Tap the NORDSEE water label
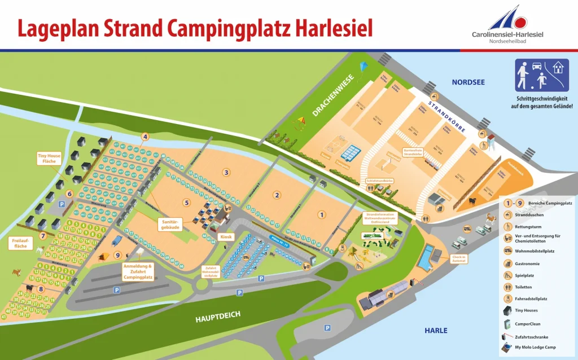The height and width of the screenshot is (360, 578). (468, 82)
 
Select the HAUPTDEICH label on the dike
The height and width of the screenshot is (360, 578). (212, 319)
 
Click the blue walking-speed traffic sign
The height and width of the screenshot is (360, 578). (541, 74)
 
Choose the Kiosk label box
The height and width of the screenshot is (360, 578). (227, 236)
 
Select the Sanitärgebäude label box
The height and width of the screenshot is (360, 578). (170, 224)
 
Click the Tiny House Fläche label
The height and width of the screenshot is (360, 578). (49, 159)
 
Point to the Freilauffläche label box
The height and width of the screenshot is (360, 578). (19, 244)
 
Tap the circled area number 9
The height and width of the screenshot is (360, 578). (118, 254)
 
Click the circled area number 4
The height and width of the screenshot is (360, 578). (145, 137)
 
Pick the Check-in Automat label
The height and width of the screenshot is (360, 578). (458, 259)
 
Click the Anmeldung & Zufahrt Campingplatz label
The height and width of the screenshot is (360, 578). (138, 272)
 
